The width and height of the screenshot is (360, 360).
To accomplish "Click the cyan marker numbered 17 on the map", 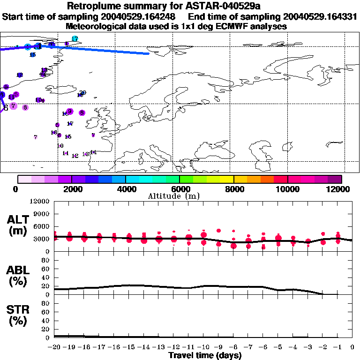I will pos(75,38).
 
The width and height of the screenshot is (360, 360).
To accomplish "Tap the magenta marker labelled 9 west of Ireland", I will pos(70,111).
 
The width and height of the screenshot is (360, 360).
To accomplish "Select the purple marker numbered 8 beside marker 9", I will pos(82,112).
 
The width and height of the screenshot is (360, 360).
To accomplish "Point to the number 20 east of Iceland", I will pos(83,93).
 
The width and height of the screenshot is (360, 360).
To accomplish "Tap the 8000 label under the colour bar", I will pos(233,189).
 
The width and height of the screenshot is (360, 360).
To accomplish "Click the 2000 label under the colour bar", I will pos(71,189).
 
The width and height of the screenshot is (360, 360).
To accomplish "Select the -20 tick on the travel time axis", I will pos(54,348).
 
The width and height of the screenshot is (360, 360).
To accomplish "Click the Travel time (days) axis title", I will pos(205,355).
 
